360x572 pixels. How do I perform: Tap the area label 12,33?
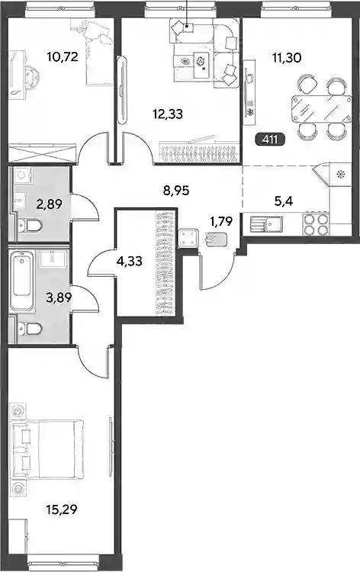[x=168, y=114]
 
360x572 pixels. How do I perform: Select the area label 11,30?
[x=287, y=57]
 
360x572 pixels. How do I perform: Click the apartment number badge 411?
[x=270, y=139]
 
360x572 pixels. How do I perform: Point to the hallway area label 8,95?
[x=176, y=190]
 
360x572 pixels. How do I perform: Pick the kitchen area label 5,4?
[x=284, y=201]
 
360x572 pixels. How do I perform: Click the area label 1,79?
[x=221, y=220]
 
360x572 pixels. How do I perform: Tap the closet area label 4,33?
[x=130, y=261]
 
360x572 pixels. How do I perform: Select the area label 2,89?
[x=49, y=204]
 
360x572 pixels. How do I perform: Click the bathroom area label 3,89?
[x=59, y=297]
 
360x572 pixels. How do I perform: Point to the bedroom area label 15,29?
[x=62, y=509]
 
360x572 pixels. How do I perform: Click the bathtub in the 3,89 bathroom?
[x=22, y=280]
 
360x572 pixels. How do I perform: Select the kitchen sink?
[x=267, y=225]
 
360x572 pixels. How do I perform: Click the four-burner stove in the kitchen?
[x=316, y=224]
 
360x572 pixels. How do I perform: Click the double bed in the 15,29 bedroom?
[x=47, y=449]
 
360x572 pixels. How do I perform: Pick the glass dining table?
[x=321, y=109]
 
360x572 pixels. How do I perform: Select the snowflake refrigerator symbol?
[x=341, y=175]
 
